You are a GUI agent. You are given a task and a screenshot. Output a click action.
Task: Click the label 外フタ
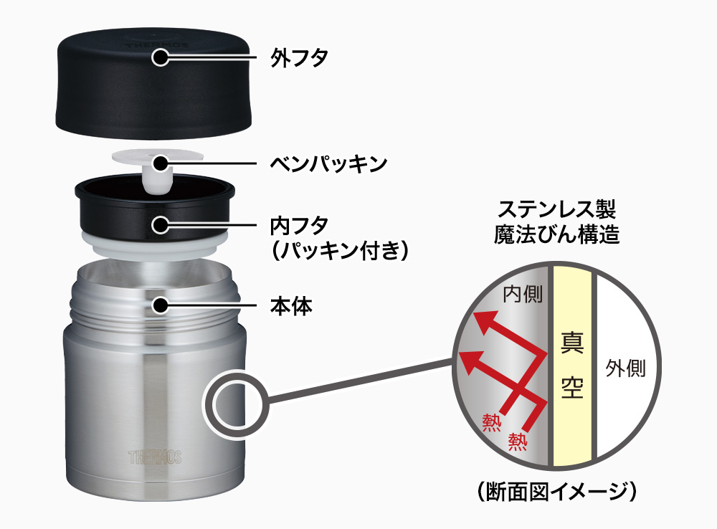299,58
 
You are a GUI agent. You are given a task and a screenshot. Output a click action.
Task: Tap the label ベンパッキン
328,163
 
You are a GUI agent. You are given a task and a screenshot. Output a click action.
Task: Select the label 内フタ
299,225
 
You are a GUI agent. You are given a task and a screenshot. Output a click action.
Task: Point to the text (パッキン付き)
339,251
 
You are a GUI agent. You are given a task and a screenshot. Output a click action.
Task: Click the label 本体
291,306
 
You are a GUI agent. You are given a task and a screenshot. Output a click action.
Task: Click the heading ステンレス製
556,210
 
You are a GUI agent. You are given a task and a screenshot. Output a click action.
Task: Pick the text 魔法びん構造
556,234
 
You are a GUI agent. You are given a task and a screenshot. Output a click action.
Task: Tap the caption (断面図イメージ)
556,492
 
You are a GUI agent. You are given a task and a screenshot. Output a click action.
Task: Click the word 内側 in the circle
523,294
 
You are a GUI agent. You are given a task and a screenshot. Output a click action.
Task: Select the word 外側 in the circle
625,368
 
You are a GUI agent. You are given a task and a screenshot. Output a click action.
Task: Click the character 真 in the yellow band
572,343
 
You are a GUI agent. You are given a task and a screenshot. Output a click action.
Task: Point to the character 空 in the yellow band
572,387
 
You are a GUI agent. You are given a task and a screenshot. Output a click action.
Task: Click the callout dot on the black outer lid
161,57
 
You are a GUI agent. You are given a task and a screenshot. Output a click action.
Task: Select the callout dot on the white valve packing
161,163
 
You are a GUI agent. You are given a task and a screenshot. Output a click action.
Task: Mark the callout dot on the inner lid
161,224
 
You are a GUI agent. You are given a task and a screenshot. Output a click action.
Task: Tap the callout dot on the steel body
161,305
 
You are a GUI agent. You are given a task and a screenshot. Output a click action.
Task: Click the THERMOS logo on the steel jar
155,457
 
